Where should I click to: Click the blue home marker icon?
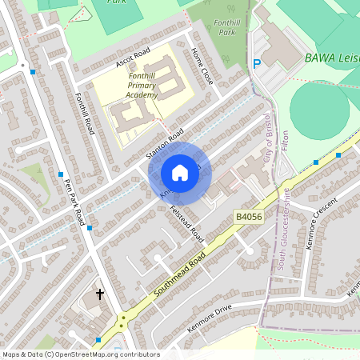coord(180,172)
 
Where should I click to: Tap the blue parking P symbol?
coord(257,64)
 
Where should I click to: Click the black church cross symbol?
coord(100,294)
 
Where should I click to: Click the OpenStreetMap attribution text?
coord(81,354)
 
